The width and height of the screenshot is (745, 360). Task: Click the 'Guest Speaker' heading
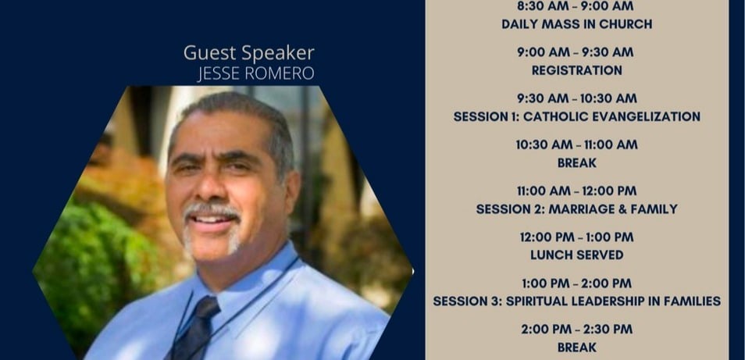[x=249, y=53]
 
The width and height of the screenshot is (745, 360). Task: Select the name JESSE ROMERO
[x=255, y=73]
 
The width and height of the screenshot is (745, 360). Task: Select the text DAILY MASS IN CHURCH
[x=577, y=24]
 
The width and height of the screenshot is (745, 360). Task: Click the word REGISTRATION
[x=577, y=70]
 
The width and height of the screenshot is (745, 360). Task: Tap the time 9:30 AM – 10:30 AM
[x=577, y=98]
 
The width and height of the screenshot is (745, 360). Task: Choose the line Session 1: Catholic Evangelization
[x=577, y=116]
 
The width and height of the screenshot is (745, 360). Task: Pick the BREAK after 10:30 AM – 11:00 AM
[x=577, y=163]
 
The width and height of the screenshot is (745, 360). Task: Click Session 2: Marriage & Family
[x=577, y=209]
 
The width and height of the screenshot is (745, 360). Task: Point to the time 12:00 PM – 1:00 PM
[x=577, y=237]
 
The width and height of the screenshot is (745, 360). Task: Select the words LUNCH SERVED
[x=577, y=255]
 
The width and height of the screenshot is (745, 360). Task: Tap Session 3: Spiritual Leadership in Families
[x=577, y=301]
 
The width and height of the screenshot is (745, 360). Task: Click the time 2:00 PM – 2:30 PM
[x=577, y=329]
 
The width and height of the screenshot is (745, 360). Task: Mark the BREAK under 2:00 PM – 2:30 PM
[x=577, y=348]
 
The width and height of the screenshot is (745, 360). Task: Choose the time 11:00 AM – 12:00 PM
[x=577, y=191]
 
